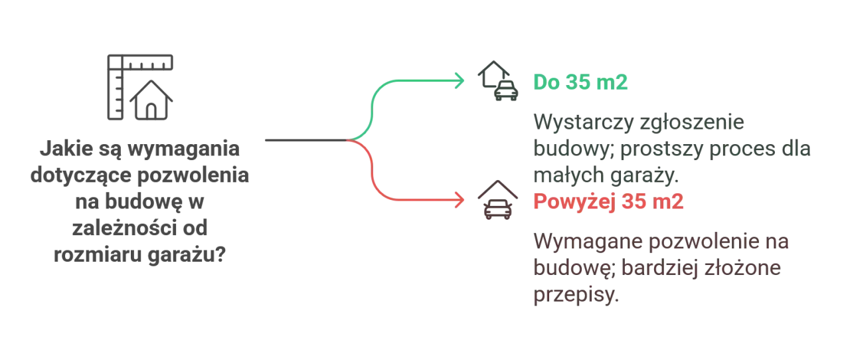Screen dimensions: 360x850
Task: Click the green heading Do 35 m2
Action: [x=580, y=82]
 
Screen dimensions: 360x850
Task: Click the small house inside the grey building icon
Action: [x=153, y=102]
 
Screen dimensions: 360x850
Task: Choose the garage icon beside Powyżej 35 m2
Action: [x=497, y=201]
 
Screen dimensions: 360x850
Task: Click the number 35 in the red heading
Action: [x=635, y=202]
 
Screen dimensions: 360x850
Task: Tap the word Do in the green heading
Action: [x=545, y=82]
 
